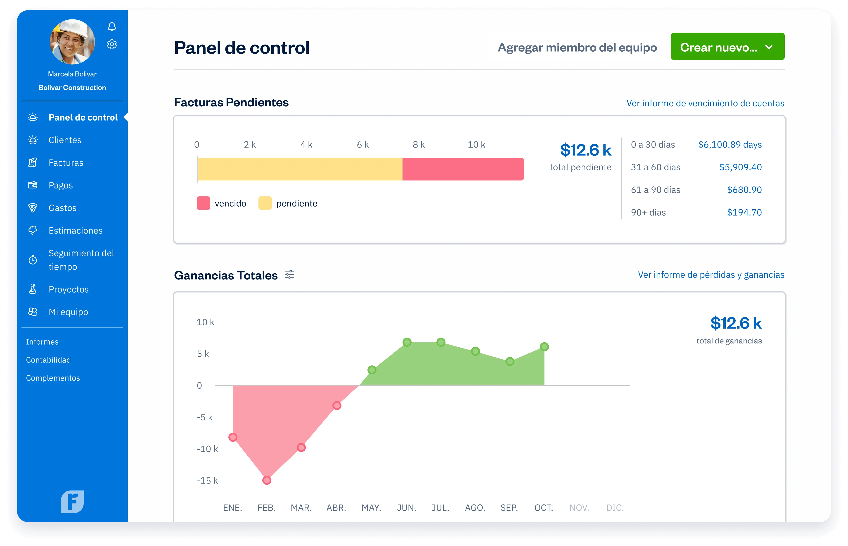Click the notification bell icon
click(x=112, y=26)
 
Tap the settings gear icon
click(x=112, y=44)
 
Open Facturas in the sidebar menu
click(x=66, y=163)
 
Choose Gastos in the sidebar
click(x=62, y=208)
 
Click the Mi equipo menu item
click(x=68, y=312)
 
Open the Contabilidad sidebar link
click(x=49, y=360)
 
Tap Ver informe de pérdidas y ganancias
click(x=711, y=275)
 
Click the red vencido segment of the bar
click(x=463, y=169)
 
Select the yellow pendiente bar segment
click(x=300, y=169)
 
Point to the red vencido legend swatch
click(x=203, y=203)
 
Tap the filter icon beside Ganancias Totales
click(x=289, y=275)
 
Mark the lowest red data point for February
click(x=267, y=480)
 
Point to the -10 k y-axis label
click(x=207, y=449)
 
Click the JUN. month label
click(x=406, y=508)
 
